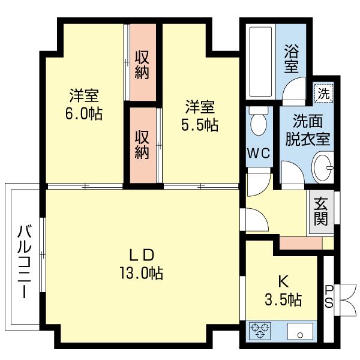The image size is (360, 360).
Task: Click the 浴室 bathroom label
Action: click(x=291, y=57)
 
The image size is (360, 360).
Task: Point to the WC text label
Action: click(x=259, y=152)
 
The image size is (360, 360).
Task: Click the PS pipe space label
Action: click(x=329, y=296)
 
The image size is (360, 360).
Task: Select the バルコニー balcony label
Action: click(x=25, y=262)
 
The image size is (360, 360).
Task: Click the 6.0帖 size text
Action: click(x=83, y=113)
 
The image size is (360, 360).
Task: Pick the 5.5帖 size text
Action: click(x=200, y=125)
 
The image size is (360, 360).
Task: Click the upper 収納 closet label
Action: click(x=142, y=66)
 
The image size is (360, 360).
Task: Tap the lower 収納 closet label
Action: click(x=142, y=144)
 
